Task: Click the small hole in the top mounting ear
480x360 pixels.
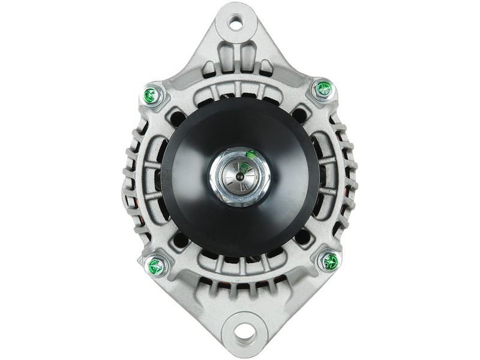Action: coord(236,25)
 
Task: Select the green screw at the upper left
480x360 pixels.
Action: coord(151,94)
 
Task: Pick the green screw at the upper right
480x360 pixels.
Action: coord(324,89)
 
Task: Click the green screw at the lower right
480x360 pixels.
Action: coord(330,261)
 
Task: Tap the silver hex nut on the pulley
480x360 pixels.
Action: coord(239,176)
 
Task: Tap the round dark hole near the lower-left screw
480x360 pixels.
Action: coord(180,240)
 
